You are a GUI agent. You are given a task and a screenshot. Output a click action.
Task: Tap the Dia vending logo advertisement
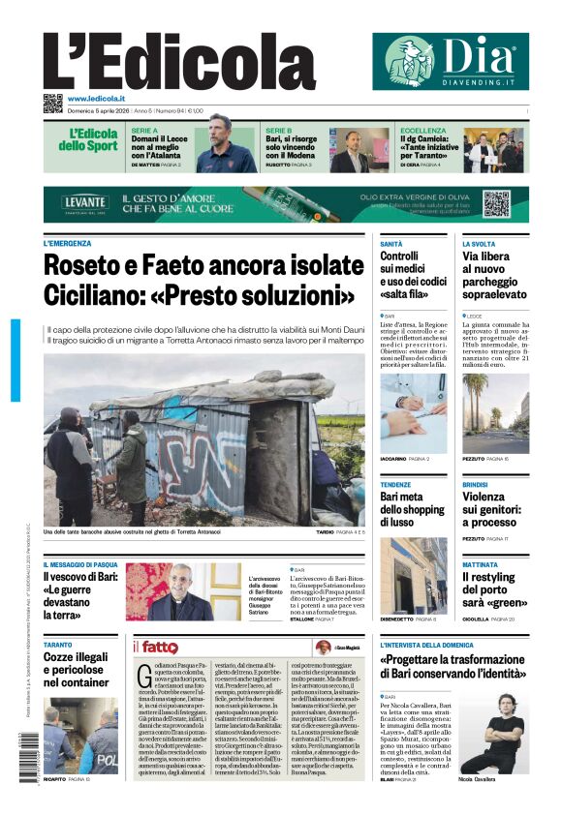coord(450,61)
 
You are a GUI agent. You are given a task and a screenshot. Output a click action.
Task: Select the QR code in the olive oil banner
coord(496,204)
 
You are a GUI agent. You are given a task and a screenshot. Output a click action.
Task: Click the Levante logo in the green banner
coord(84,203)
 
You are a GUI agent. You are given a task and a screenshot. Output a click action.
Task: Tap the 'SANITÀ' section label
coord(391,244)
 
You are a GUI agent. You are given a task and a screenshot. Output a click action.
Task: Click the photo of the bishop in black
coord(181,592)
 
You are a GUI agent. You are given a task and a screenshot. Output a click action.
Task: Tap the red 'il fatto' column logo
coord(155,647)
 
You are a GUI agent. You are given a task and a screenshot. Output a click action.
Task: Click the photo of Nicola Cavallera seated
coord(503,731)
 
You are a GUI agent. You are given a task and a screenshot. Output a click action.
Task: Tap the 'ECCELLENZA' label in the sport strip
coord(423,130)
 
